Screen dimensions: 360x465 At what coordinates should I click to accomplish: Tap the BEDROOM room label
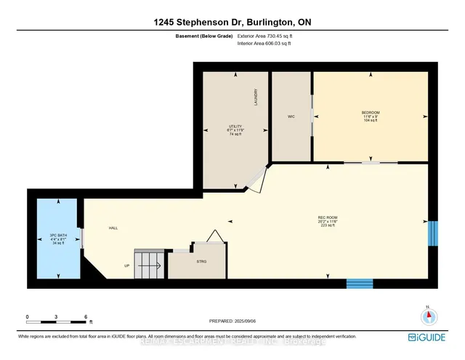[x=371, y=113]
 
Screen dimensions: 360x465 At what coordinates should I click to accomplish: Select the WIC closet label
[x=291, y=116]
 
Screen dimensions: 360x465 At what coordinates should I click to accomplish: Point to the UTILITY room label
[x=235, y=127]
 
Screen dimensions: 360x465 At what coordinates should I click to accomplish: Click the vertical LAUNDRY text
[x=256, y=97]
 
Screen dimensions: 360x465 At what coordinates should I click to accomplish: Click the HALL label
[x=113, y=228]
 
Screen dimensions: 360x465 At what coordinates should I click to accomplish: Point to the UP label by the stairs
[x=126, y=266]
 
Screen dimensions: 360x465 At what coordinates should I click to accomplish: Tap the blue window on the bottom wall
[x=359, y=284]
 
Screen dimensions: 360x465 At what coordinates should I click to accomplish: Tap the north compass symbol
[x=429, y=316]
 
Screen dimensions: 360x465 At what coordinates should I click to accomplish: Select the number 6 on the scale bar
[x=86, y=317]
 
